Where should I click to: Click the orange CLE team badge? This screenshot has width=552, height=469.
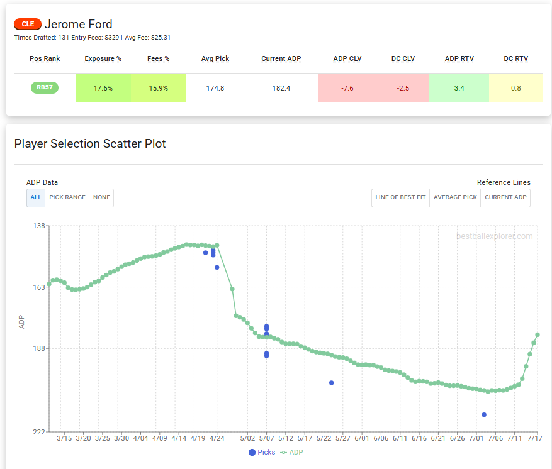(28, 25)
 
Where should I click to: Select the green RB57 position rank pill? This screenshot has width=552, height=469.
(45, 88)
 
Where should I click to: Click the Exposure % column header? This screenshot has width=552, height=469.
(103, 58)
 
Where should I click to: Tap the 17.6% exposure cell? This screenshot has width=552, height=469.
(103, 88)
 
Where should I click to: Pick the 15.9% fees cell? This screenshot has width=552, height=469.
(158, 88)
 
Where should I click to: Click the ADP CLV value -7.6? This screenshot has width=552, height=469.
(347, 88)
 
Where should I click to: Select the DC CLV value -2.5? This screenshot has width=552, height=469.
(403, 88)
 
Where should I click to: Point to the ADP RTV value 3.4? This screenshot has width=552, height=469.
(459, 88)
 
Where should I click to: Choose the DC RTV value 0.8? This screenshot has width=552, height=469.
(515, 88)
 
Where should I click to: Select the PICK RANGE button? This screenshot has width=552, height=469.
(67, 197)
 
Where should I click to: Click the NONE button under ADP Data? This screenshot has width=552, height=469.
(101, 197)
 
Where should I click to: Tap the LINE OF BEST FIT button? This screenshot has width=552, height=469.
(400, 197)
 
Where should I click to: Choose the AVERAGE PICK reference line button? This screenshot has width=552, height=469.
(455, 197)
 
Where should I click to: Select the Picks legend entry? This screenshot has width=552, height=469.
(262, 452)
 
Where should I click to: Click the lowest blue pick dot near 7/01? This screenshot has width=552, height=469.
(484, 415)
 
